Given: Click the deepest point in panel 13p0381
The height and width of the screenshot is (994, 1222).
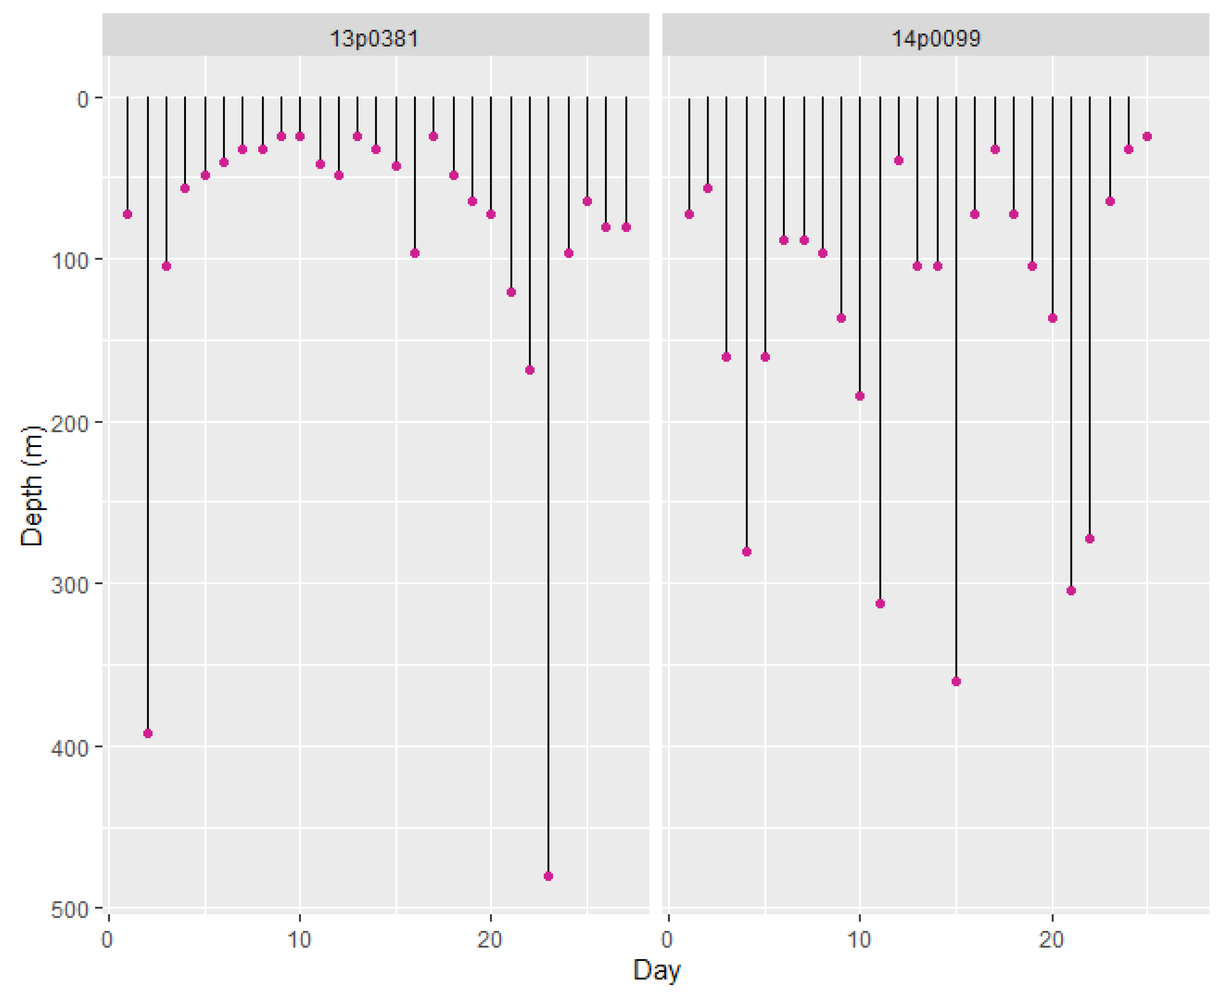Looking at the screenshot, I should [548, 876].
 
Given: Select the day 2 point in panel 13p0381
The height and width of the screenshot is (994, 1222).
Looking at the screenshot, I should [148, 733].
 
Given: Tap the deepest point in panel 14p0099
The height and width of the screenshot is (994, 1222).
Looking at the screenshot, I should [956, 681].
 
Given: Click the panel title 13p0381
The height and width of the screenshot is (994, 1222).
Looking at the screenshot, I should [374, 39].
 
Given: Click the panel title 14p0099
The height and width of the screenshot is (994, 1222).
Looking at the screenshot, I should [936, 39].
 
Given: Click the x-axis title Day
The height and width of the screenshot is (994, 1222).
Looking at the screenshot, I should [656, 970].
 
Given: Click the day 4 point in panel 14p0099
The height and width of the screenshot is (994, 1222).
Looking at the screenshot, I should [746, 552].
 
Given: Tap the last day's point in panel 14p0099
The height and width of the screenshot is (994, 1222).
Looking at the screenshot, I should [1147, 136].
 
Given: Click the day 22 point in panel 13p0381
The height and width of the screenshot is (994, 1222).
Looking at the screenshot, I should [529, 370].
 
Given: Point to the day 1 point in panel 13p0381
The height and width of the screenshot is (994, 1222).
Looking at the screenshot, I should [128, 214].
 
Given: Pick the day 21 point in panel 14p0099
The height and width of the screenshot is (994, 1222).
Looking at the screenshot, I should [1071, 591].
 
